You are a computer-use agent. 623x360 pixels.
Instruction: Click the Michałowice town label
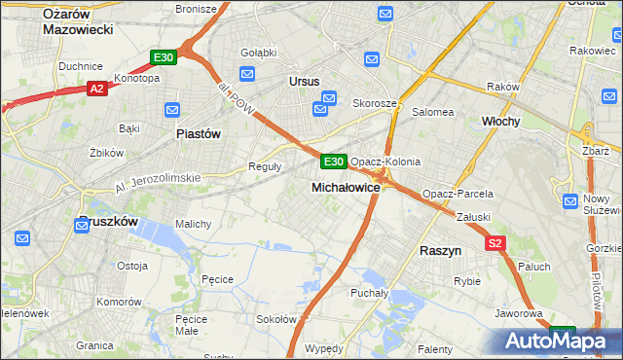346,186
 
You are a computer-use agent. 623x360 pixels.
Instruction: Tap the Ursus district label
305,82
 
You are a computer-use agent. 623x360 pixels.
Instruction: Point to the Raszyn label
440,250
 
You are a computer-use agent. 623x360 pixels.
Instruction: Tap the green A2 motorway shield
96,89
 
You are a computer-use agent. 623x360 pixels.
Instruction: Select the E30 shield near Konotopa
164,57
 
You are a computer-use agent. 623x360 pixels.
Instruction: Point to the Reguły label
266,166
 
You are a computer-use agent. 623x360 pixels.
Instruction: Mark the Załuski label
471,218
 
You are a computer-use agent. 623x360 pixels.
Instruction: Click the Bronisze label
195,9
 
